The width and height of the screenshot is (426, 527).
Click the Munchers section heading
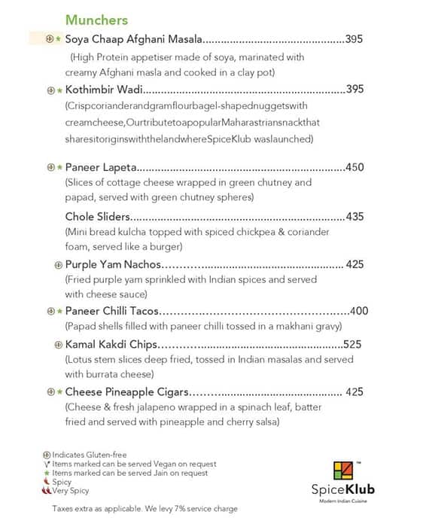coord(96,20)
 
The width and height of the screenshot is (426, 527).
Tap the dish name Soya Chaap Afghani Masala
coord(134,38)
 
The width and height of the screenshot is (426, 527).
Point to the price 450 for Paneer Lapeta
coord(354,167)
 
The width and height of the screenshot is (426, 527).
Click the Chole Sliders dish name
coord(98,217)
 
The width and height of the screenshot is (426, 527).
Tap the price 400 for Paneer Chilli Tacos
coord(359,311)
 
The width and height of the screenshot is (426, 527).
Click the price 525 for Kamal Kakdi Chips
coord(352,345)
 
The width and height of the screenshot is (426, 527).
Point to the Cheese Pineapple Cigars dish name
coord(126,392)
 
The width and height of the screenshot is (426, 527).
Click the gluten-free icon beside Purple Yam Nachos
coord(58,264)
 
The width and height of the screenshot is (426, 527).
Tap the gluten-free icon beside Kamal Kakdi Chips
coord(58,345)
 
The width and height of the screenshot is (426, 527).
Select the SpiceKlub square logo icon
coord(342,471)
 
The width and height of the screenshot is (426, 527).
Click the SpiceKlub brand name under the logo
coord(343,490)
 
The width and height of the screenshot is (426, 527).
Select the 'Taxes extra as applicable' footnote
coord(145,509)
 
